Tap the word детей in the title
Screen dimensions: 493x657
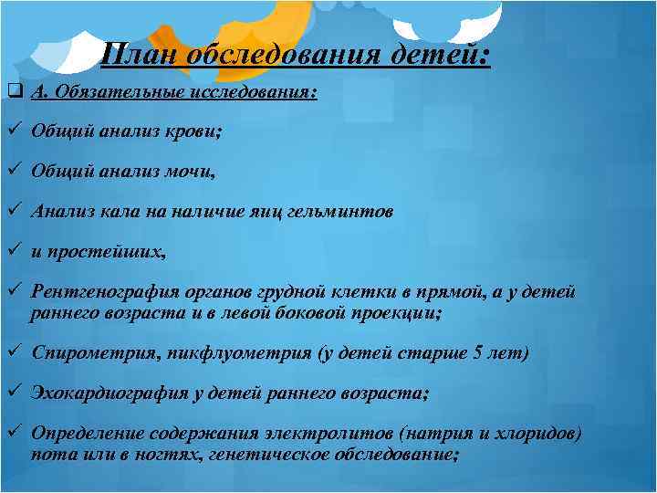click(440, 55)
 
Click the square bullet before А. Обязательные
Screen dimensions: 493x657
click(12, 92)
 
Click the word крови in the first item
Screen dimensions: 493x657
click(197, 131)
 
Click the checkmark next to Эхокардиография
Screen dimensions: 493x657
click(12, 393)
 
